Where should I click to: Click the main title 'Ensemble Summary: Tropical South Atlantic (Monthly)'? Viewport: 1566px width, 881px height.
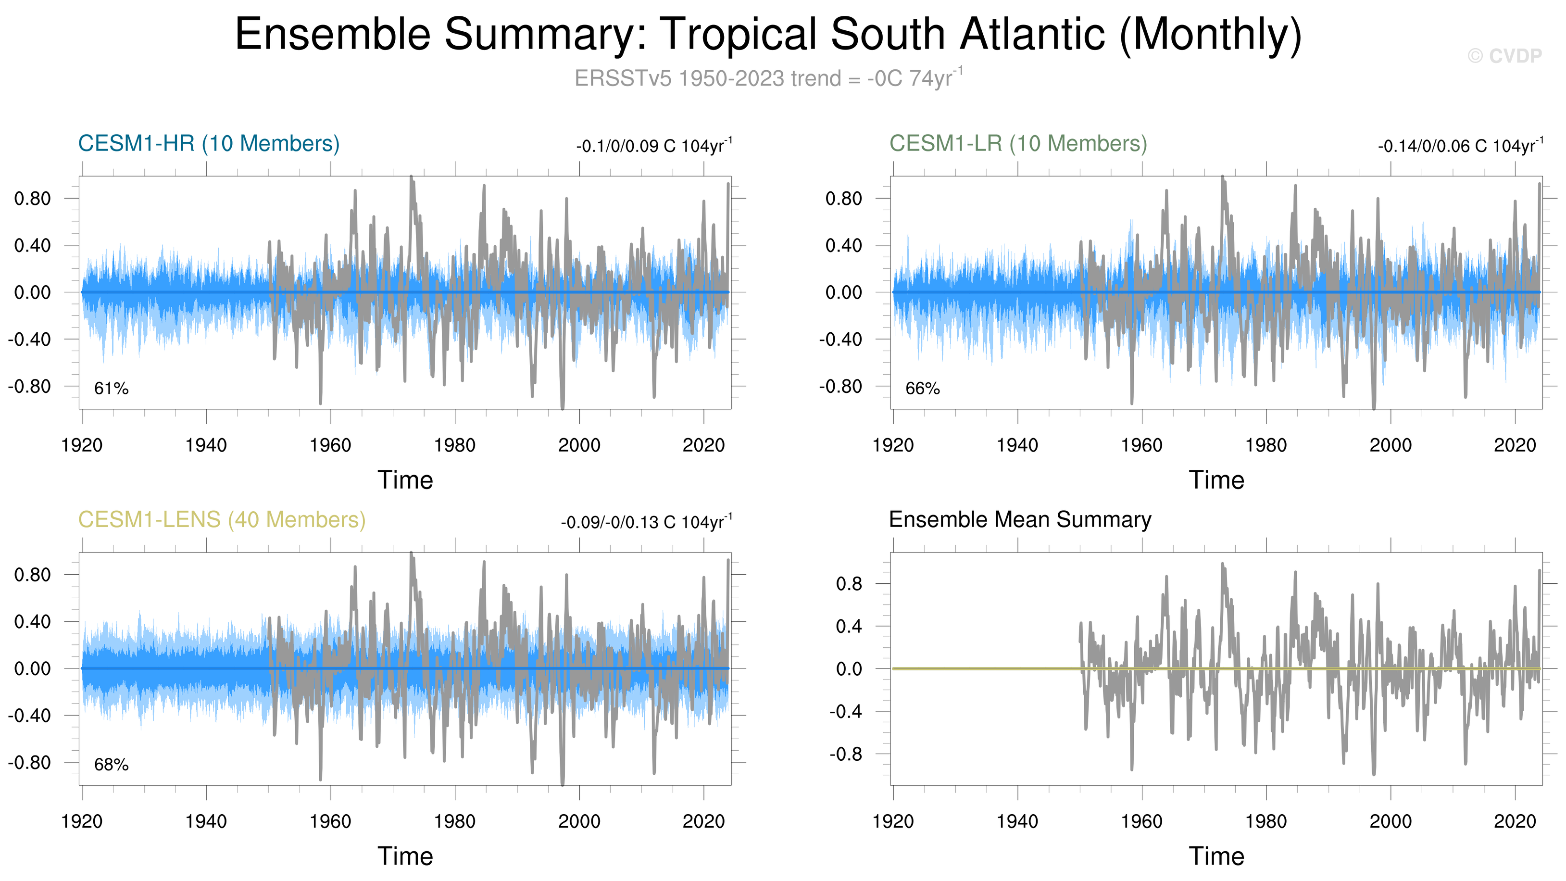pos(768,35)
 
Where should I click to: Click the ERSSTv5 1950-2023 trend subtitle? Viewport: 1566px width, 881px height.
pos(768,78)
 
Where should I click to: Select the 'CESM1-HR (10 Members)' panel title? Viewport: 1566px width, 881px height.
pos(209,143)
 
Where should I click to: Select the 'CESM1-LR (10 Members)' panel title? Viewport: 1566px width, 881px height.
pos(1018,143)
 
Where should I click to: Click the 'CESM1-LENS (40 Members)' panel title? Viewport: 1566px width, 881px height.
pos(222,520)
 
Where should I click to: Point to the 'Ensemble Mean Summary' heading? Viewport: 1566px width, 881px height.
pos(1019,520)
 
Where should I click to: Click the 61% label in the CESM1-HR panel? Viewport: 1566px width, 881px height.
pos(111,389)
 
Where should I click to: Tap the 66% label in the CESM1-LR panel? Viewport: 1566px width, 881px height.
pos(922,389)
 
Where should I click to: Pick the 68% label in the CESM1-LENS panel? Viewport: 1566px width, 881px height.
pos(111,765)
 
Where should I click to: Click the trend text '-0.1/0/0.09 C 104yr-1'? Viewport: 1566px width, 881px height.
pos(654,146)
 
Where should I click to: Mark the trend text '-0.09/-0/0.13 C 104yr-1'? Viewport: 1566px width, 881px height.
pos(646,522)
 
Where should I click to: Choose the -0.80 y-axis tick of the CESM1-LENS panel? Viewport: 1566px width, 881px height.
pos(29,762)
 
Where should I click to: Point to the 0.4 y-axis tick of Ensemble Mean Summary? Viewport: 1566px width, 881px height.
pos(849,626)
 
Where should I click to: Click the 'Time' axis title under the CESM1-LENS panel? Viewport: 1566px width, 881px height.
pos(405,856)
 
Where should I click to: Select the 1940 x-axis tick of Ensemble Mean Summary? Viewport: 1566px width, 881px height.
pos(1017,822)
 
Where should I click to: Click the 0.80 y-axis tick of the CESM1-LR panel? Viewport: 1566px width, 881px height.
pos(844,198)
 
